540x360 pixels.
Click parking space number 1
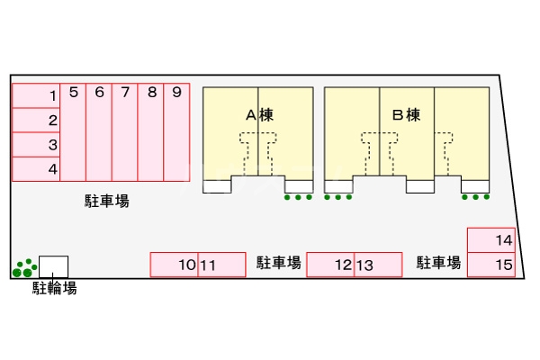pyautogui.click(x=36, y=95)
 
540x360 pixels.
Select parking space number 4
pyautogui.click(x=36, y=168)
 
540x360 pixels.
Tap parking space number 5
pyautogui.click(x=73, y=130)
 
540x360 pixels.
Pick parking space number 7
pyautogui.click(x=125, y=130)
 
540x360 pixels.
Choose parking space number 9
pyautogui.click(x=177, y=130)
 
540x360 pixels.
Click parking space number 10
pyautogui.click(x=175, y=265)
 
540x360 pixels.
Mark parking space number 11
pyautogui.click(x=221, y=265)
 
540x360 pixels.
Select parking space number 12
pyautogui.click(x=330, y=265)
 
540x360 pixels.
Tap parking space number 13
pyautogui.click(x=377, y=265)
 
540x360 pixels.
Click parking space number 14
pyautogui.click(x=491, y=240)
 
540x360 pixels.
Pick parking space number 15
pyautogui.click(x=491, y=265)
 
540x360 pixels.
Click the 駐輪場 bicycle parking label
pyautogui.click(x=54, y=288)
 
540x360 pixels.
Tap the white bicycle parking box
pyautogui.click(x=53, y=266)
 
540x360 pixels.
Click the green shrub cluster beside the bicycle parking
pyautogui.click(x=24, y=267)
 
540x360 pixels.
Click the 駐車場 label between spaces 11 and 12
pyautogui.click(x=277, y=263)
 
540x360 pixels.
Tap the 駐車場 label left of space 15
pyautogui.click(x=438, y=263)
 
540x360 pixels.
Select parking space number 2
pyautogui.click(x=36, y=120)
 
